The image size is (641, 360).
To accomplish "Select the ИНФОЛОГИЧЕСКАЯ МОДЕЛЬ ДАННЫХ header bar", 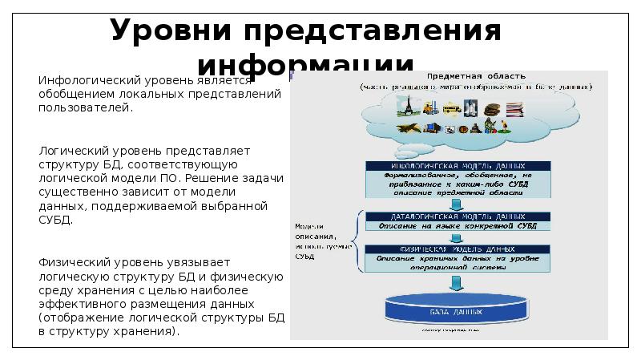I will (x=458, y=164).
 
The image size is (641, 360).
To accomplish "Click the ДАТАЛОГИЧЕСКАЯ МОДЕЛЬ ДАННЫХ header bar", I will (x=458, y=216).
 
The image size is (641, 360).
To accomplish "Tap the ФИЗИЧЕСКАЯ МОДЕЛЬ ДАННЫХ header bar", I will (x=458, y=249).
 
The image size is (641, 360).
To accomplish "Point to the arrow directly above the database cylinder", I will (x=458, y=281).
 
